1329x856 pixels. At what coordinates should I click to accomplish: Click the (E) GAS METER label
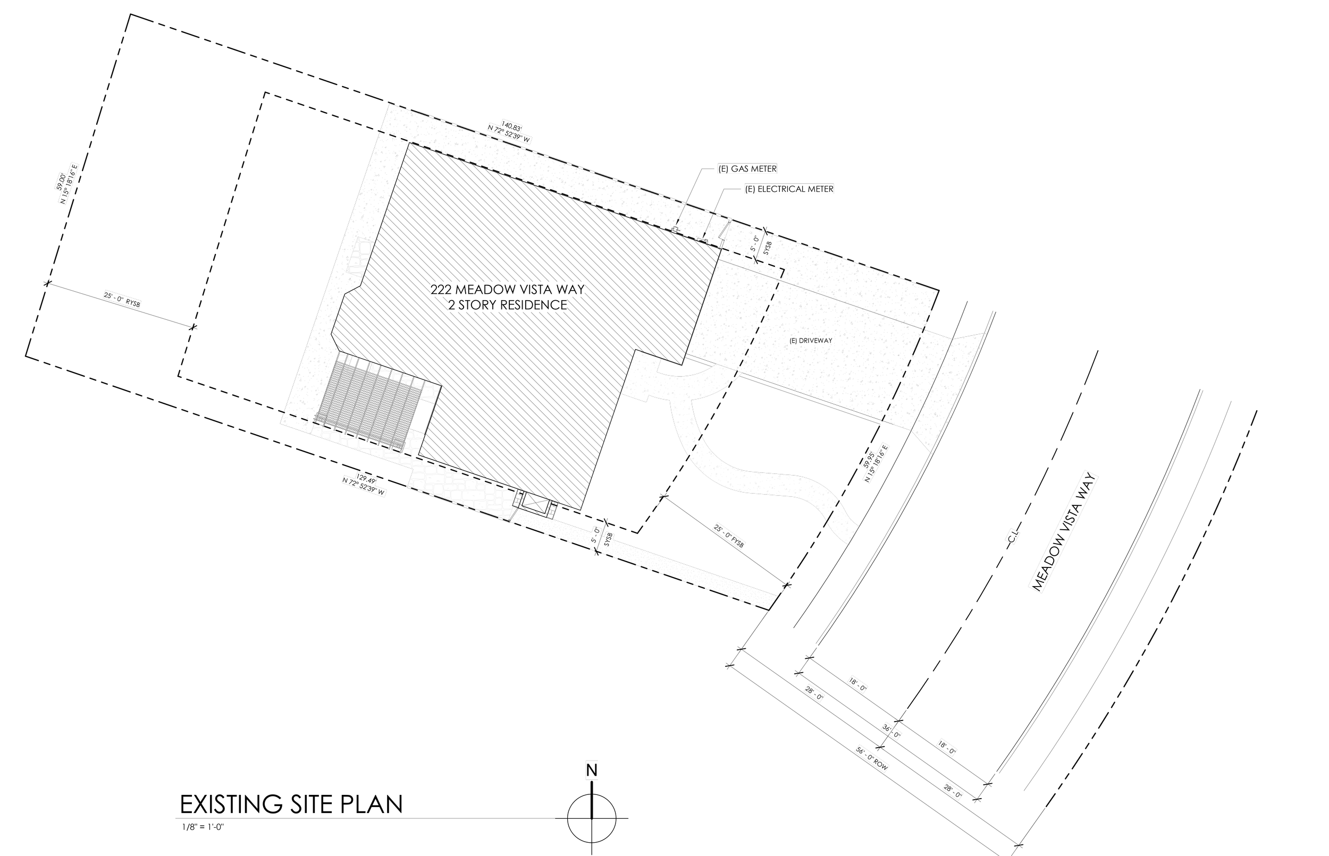[747, 169]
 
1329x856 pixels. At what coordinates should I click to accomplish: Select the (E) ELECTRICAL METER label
[789, 189]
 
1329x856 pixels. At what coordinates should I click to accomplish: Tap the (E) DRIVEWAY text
[811, 341]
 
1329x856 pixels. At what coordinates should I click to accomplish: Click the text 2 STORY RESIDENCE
[508, 305]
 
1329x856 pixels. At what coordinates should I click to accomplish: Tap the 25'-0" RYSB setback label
[122, 300]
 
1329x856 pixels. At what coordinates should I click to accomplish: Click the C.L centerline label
[1012, 538]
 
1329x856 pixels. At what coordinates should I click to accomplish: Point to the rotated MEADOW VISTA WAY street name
[1062, 532]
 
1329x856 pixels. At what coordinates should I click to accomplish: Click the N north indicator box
[592, 771]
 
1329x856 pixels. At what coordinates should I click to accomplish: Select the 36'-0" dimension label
[891, 731]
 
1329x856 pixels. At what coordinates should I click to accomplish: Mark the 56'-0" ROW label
[872, 759]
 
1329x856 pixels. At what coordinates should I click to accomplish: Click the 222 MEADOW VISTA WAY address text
[508, 290]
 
